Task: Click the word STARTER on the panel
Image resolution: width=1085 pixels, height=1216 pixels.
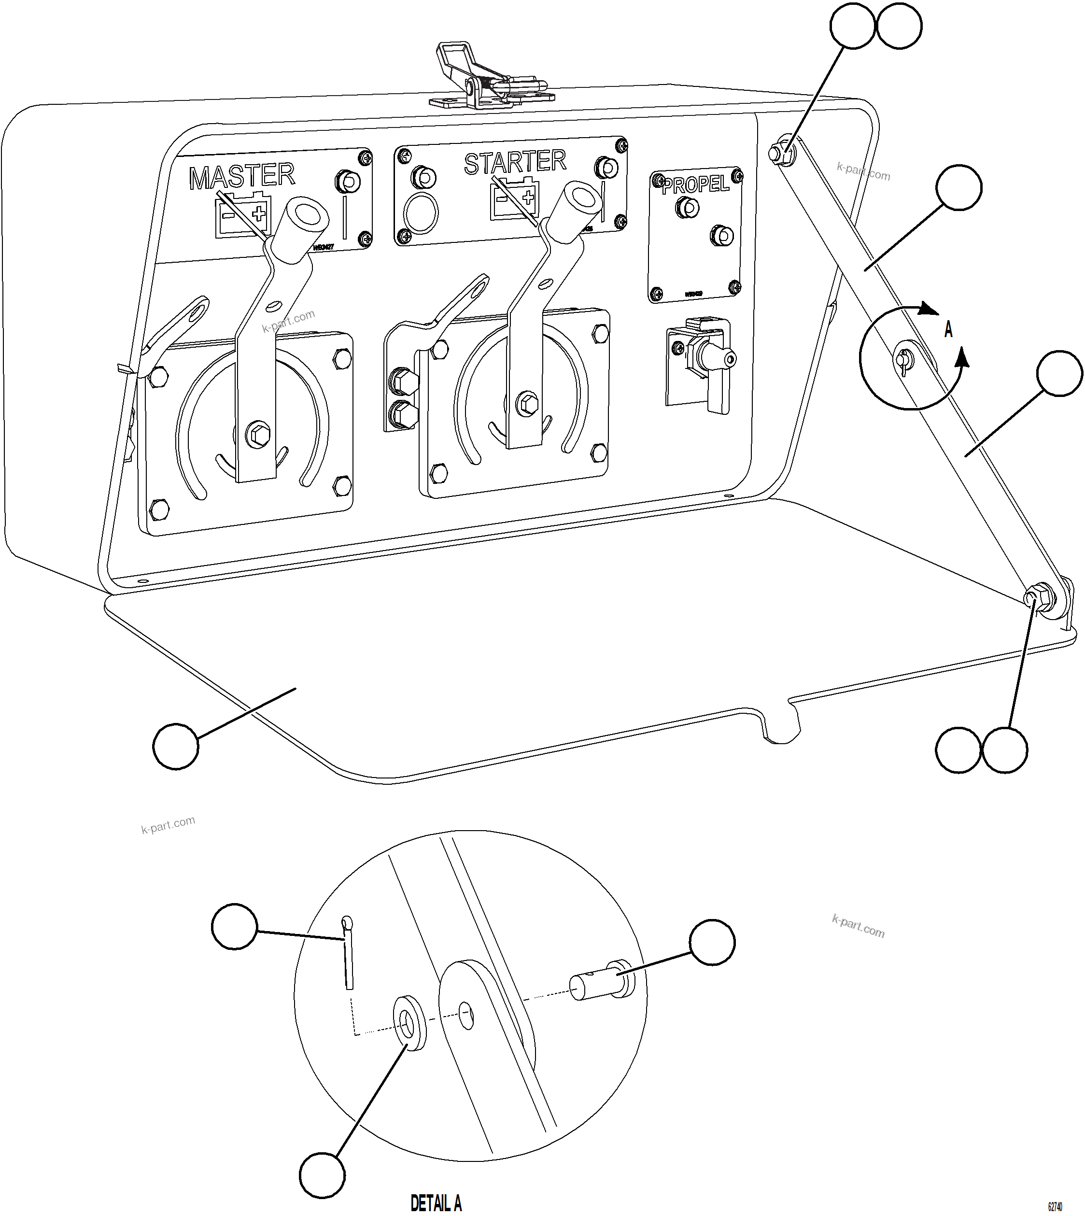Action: coord(514,162)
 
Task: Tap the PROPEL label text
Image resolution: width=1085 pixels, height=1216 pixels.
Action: coord(696,184)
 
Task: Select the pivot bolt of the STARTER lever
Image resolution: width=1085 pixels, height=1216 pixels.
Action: coord(527,404)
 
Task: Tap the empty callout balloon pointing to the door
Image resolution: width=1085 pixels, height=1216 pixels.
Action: coord(175,746)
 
